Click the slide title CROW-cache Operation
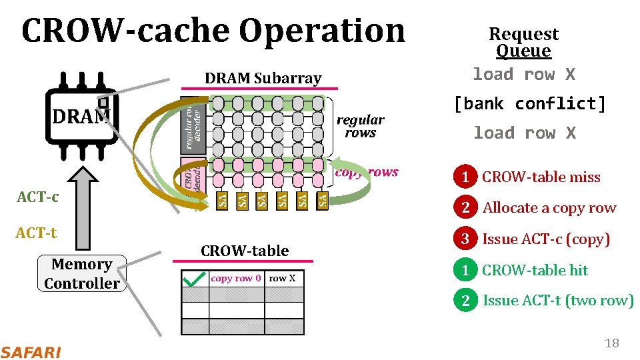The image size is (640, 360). [x=213, y=31]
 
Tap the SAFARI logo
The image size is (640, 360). [x=31, y=352]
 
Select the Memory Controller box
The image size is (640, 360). [x=81, y=274]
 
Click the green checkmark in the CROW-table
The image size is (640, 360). [x=194, y=279]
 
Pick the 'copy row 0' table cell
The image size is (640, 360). [x=236, y=278]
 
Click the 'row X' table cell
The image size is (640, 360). [x=283, y=278]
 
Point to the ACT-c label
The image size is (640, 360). [x=37, y=197]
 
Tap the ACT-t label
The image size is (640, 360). [x=37, y=233]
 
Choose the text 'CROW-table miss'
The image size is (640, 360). [x=541, y=177]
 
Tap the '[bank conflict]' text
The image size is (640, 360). [x=529, y=104]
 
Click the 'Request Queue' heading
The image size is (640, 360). [x=523, y=42]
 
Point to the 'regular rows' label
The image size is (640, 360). [x=360, y=126]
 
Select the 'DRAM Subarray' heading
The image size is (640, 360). [x=263, y=78]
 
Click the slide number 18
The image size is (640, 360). [x=611, y=343]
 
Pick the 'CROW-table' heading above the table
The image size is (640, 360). [x=245, y=251]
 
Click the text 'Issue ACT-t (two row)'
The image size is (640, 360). [x=558, y=301]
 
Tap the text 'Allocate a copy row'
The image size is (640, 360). [x=549, y=208]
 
